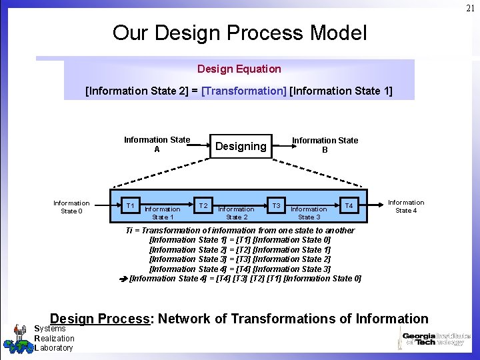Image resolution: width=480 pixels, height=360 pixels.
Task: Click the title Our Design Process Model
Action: point(239,32)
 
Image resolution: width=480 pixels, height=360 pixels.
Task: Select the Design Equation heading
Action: point(239,69)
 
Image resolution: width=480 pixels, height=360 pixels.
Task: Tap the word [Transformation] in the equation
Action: point(243,91)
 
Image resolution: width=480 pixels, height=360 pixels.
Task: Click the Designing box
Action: point(241,146)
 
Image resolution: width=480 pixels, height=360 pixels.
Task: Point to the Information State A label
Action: point(157,145)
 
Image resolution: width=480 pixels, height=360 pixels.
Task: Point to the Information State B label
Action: point(325,145)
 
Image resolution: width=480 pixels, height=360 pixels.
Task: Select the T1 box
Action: point(131,205)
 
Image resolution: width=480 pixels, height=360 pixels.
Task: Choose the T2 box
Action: point(204,205)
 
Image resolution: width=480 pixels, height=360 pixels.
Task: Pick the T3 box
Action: point(276,205)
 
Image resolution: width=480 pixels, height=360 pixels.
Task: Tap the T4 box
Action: point(348,205)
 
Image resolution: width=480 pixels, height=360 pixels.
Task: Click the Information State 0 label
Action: point(71,207)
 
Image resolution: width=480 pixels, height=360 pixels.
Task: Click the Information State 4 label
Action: point(405,206)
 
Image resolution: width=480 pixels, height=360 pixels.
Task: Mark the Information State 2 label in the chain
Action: point(236,213)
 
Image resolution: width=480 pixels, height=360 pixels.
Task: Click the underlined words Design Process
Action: point(100,319)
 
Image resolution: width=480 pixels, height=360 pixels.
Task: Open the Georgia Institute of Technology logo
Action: point(434,339)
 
